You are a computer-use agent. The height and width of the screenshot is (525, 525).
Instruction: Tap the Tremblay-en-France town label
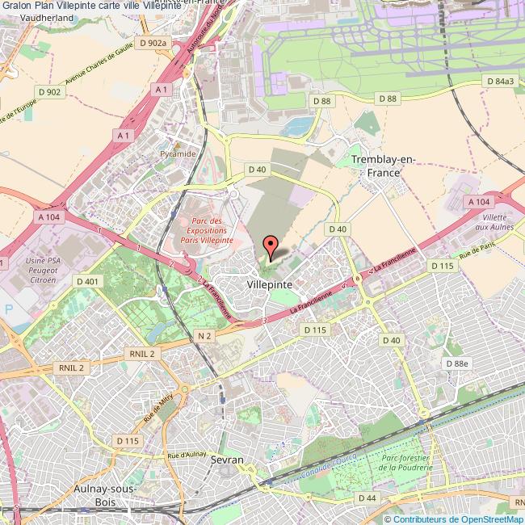click(384, 166)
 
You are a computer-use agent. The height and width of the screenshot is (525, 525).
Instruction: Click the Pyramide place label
click(177, 153)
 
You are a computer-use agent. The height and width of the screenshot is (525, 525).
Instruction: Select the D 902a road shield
click(153, 43)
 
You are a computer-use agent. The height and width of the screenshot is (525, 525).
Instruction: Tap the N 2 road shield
click(204, 334)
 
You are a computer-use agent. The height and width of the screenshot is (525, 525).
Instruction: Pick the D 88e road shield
click(457, 364)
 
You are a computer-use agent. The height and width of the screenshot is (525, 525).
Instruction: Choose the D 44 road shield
click(367, 498)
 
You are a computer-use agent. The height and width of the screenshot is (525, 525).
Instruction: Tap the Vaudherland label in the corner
click(27, 17)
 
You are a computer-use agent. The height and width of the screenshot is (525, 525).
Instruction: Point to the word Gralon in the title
click(15, 6)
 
